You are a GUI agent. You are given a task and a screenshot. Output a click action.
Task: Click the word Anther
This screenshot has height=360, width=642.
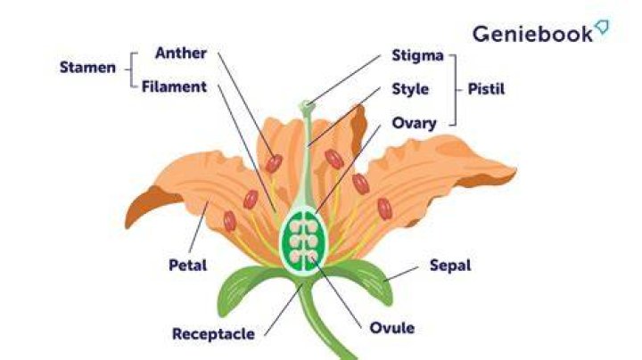[x=181, y=53]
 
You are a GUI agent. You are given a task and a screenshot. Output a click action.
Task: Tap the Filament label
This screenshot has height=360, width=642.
[x=174, y=86]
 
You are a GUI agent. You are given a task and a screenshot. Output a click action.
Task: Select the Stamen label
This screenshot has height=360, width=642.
[x=87, y=68]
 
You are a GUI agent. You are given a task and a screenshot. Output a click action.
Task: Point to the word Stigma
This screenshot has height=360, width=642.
[x=417, y=55]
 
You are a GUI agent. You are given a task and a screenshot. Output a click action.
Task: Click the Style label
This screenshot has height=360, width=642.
[x=410, y=89]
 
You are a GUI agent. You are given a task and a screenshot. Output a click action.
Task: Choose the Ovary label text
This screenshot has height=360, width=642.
[x=414, y=123]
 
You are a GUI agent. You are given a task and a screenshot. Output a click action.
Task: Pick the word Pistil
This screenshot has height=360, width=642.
[x=486, y=89]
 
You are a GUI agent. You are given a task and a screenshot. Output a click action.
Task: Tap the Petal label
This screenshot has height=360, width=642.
[x=187, y=265]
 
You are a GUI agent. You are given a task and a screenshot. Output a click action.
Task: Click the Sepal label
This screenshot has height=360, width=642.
[x=450, y=266]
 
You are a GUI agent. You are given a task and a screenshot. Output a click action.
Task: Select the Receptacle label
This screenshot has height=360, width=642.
[x=213, y=334]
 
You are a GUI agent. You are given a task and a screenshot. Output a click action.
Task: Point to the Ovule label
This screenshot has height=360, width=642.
[x=391, y=328]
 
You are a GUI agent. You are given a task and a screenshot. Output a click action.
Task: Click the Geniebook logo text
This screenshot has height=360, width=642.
[x=532, y=34]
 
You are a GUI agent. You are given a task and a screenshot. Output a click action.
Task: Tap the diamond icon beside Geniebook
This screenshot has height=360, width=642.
[x=602, y=27]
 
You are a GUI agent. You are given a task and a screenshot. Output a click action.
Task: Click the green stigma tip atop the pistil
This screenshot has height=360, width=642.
[x=307, y=107]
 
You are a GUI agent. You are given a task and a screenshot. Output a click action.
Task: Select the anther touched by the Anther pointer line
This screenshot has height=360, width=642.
[x=274, y=164]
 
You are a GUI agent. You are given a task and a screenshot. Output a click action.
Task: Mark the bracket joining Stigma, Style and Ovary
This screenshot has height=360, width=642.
[x=454, y=90]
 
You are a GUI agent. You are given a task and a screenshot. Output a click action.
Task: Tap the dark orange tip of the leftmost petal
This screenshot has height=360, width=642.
[x=150, y=205]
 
